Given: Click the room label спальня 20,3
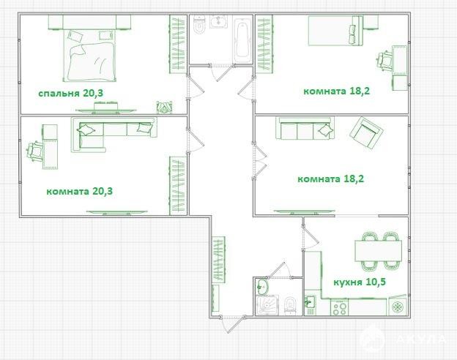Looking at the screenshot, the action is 71,94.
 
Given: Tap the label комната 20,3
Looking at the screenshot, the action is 79,192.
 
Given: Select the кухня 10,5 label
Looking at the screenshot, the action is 360,282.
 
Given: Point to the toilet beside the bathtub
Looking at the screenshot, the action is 200,24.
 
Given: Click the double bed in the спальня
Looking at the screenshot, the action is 90,56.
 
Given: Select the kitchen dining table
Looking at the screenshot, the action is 378,250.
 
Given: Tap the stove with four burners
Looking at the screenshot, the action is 340,307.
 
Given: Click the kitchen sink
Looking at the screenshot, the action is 310,304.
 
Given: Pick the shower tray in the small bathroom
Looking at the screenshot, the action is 267,305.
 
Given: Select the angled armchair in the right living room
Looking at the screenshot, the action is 366,132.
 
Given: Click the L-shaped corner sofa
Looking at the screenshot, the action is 114,135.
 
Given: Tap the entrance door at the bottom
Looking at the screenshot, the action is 233,324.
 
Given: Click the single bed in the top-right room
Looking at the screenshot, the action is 335,31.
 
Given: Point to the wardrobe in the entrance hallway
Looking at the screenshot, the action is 218,260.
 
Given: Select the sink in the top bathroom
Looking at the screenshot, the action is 218,21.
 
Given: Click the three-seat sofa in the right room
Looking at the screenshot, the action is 305,128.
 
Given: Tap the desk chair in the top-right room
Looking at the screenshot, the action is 384,61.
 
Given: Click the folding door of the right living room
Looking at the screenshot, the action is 260,161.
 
